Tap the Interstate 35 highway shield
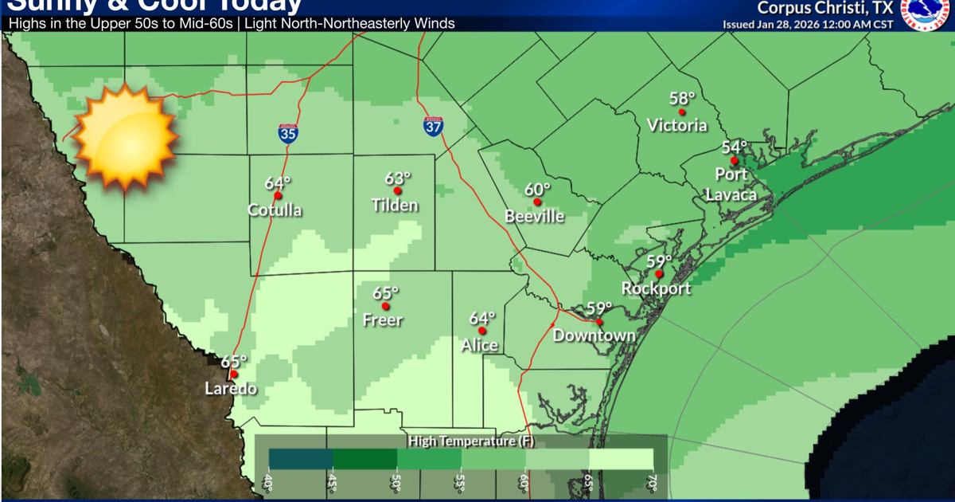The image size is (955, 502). point(288,133)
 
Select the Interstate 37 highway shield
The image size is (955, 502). point(433,125)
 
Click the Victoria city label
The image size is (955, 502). point(677,125)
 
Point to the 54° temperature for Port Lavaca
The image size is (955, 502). point(735,147)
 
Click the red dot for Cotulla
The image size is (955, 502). point(278,196)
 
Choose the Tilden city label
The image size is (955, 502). point(395,206)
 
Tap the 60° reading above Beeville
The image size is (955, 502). point(538,190)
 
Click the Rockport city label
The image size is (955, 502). point(657,288)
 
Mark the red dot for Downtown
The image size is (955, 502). point(598,322)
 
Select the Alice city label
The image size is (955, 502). point(480,345)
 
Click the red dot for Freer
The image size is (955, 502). point(386,306)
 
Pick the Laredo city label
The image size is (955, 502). point(231,389)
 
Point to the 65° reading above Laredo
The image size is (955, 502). point(234,360)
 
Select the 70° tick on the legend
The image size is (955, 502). point(650,482)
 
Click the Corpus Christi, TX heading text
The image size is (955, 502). point(824,8)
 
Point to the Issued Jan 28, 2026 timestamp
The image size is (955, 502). point(807,24)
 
